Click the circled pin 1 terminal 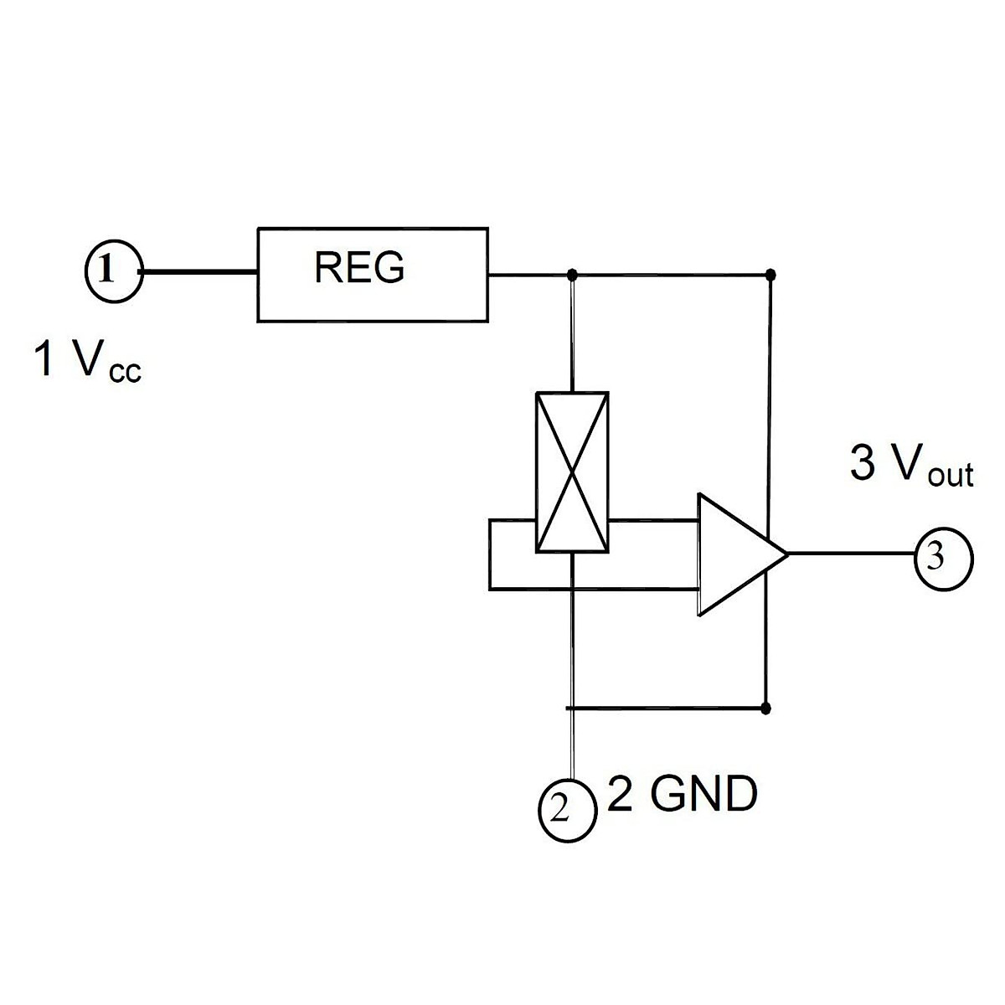pyautogui.click(x=114, y=271)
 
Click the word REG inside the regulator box pyautogui.click(x=359, y=267)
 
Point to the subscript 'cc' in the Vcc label pyautogui.click(x=125, y=373)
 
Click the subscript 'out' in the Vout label pyautogui.click(x=951, y=475)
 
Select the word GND pyautogui.click(x=703, y=794)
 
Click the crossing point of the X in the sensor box pyautogui.click(x=572, y=472)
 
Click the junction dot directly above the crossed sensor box pyautogui.click(x=572, y=274)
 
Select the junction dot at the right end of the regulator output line pyautogui.click(x=770, y=274)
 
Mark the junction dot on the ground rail pyautogui.click(x=765, y=709)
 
